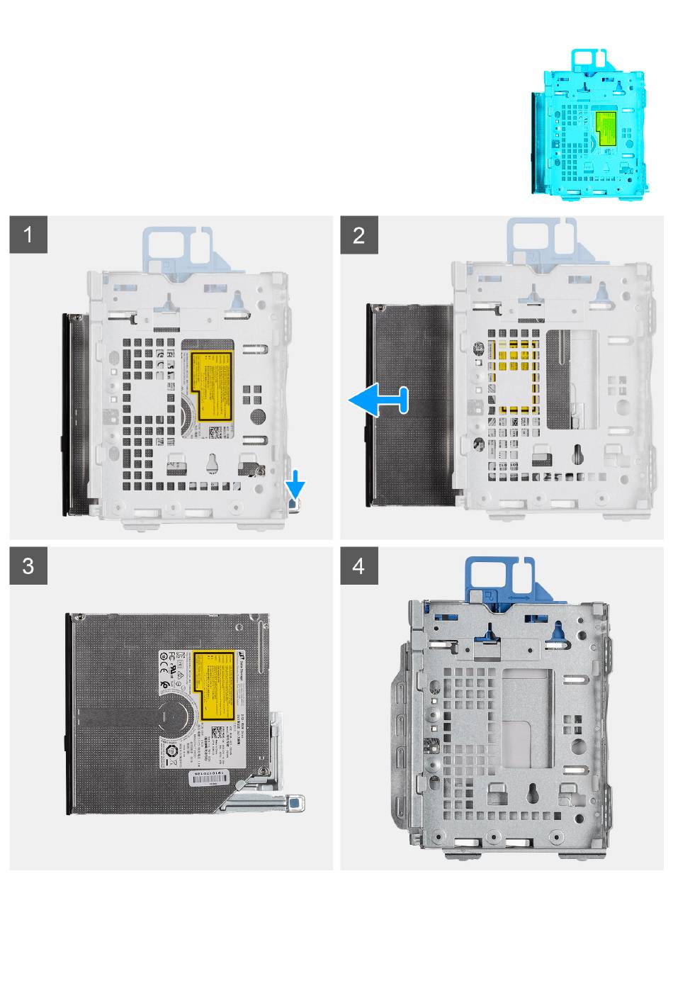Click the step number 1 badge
(28, 235)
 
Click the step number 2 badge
(359, 235)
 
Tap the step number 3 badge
(28, 566)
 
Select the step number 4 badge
(359, 566)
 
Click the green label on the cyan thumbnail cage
(606, 128)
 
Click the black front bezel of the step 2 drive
(368, 404)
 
